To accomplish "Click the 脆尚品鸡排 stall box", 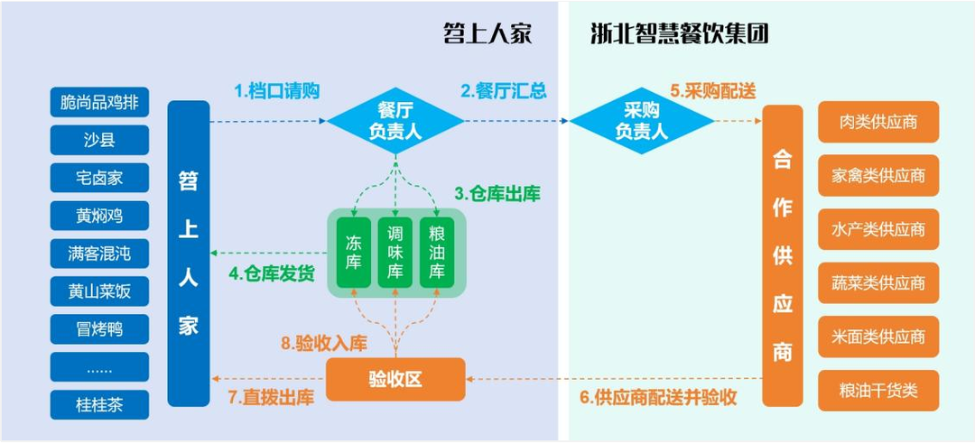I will pos(99,103).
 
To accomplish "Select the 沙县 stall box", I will pos(99,140).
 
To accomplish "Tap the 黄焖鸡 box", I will pos(99,216).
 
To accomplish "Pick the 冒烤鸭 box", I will pos(99,328).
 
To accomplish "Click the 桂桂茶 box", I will pos(99,404).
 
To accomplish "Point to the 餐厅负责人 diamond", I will pos(395,120).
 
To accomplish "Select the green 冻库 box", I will pos(353,253).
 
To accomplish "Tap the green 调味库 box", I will pos(395,253).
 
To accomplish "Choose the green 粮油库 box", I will pos(437,253).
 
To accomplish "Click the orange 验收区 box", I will pos(395,379).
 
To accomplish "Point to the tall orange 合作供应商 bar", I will pos(782,255).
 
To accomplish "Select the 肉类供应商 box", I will pos(877,122).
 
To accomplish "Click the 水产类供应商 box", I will pos(877,229).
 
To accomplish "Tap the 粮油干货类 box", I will pos(877,391).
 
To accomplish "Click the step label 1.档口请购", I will pos(277,91).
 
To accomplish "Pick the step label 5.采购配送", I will pos(712,91).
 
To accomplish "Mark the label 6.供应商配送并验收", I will pos(658,397).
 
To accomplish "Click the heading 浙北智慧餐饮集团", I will pos(679,34).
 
